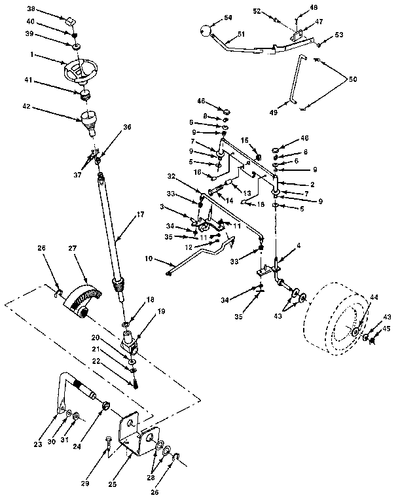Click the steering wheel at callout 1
(79, 70)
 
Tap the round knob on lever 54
(205, 31)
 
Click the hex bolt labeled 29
(108, 444)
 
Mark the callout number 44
(374, 298)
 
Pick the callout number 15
(244, 140)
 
